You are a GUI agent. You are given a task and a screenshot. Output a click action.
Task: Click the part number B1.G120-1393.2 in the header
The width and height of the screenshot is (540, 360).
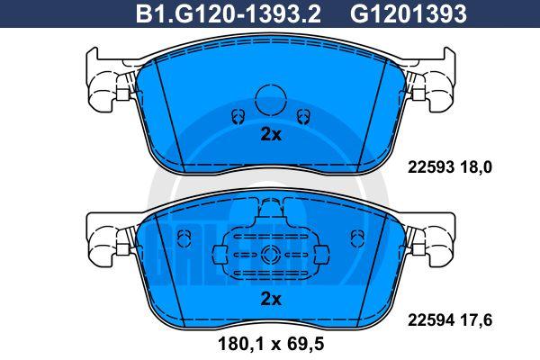[229, 13]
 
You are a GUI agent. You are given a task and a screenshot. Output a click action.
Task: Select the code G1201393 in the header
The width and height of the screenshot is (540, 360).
[409, 13]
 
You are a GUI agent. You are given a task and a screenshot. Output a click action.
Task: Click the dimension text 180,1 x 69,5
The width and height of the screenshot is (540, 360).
[271, 344]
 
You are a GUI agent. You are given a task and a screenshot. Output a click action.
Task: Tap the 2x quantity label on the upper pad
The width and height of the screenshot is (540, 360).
[271, 135]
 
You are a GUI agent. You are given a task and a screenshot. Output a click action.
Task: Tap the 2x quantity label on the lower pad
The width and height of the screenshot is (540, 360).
[271, 299]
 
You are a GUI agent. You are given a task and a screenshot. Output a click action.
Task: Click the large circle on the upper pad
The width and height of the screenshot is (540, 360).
[271, 100]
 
